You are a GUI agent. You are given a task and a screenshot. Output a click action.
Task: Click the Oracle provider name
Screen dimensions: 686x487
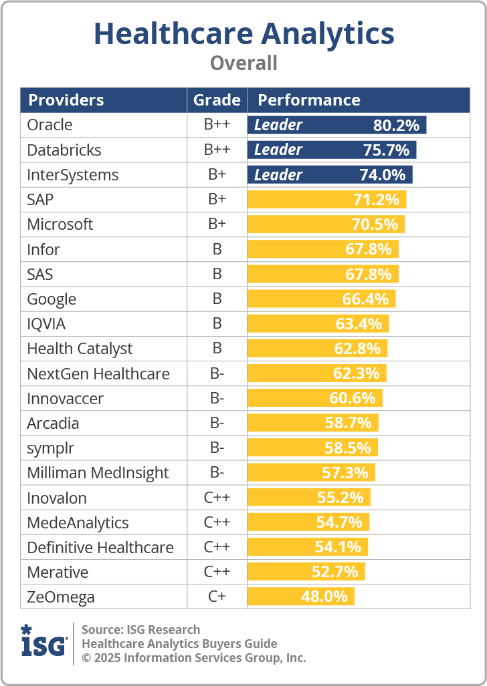[x=50, y=125]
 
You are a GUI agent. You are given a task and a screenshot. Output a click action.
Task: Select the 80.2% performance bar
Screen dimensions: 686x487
[x=336, y=125]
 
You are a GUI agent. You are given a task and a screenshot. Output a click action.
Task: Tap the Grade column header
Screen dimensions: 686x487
[x=217, y=100]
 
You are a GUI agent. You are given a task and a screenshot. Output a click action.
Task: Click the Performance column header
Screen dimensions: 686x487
[x=309, y=100]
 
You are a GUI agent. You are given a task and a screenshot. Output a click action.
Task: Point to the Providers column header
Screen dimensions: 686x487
[x=66, y=100]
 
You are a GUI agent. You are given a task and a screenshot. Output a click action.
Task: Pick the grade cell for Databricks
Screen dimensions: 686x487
[x=217, y=150]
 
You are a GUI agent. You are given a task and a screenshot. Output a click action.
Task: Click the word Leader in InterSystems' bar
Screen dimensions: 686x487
[x=278, y=175]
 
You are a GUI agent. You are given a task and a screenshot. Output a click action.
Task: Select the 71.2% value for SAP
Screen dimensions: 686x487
[x=376, y=200]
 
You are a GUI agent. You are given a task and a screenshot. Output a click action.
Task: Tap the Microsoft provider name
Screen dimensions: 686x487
[x=60, y=224]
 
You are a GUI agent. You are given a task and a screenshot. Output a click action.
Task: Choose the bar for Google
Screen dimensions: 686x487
[x=321, y=299]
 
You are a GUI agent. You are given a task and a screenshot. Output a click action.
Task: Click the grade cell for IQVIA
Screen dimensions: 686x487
[x=217, y=324]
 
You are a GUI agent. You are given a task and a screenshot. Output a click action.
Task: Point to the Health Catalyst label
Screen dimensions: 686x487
[x=80, y=349]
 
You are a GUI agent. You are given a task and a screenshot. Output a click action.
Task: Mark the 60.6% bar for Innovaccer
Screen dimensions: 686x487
[x=314, y=399]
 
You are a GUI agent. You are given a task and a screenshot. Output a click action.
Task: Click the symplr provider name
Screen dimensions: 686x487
[x=51, y=448]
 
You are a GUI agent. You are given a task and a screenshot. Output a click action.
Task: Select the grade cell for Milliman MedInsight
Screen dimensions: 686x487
[x=217, y=473]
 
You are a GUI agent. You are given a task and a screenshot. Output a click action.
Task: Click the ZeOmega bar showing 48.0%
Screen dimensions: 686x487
[x=300, y=597]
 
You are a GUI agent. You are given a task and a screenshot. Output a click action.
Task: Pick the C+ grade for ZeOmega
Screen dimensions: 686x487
[x=217, y=597]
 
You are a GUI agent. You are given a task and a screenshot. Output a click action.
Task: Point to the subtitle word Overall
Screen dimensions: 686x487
[x=243, y=63]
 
